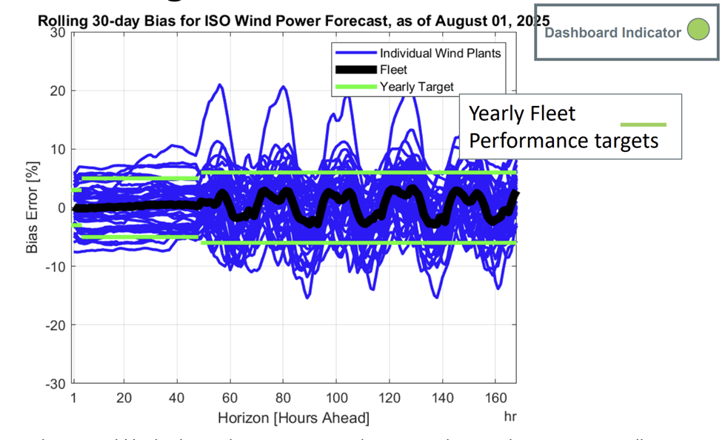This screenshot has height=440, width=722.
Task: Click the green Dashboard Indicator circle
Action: (x=698, y=31)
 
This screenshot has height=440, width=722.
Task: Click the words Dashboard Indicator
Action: (x=612, y=33)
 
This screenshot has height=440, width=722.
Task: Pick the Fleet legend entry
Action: (x=393, y=70)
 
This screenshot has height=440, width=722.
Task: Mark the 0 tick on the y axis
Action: (x=62, y=208)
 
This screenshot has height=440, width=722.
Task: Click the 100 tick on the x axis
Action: (x=336, y=398)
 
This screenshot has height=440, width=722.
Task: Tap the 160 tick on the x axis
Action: (x=495, y=398)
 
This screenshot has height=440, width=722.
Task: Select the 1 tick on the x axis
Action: (x=74, y=398)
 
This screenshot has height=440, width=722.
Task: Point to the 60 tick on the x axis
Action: (x=230, y=398)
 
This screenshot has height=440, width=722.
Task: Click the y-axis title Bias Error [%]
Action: (x=33, y=209)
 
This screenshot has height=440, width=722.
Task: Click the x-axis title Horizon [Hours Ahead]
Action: (x=293, y=419)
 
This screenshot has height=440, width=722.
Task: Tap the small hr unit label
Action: (x=509, y=417)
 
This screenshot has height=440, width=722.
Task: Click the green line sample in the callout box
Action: (x=643, y=124)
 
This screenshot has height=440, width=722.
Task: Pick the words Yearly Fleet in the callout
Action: (x=522, y=113)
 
